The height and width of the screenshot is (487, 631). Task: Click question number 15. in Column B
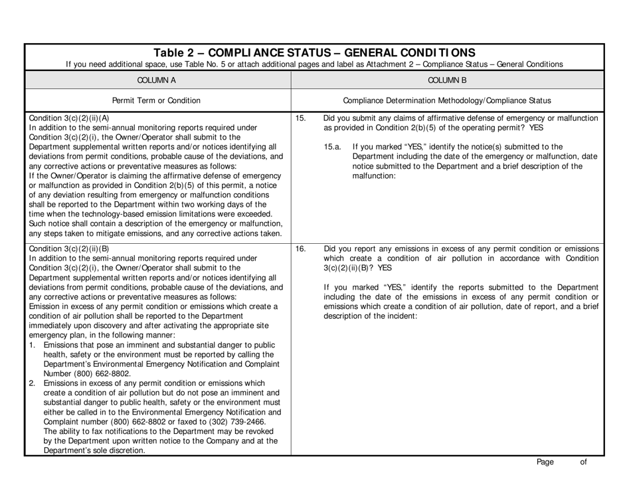300,118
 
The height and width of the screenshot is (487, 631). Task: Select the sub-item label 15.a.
333,146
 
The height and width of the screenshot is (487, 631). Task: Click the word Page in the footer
545,463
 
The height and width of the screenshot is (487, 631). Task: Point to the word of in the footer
583,463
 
